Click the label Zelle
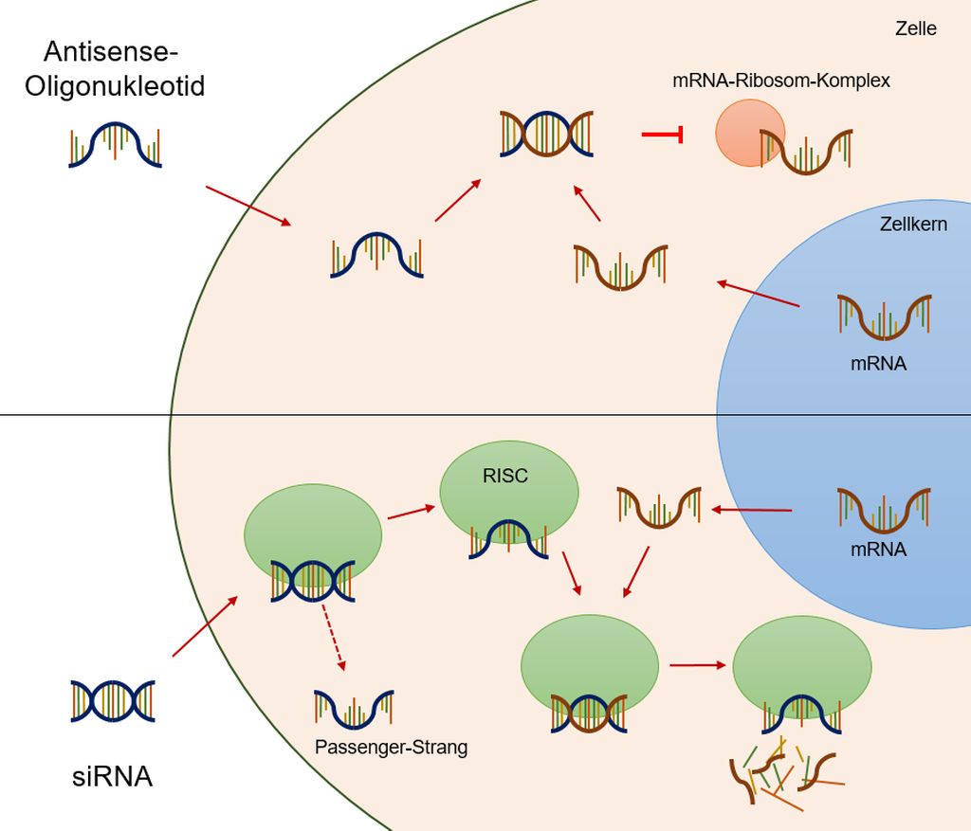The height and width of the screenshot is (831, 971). [x=915, y=28]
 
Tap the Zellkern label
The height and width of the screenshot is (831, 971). [x=914, y=225]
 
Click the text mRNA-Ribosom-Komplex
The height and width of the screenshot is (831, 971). [x=780, y=81]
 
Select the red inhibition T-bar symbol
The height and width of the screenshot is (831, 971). [x=663, y=135]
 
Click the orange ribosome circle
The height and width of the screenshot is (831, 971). [x=749, y=134]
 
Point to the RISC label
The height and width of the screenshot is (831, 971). [x=504, y=477]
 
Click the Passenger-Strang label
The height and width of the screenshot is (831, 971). [x=391, y=747]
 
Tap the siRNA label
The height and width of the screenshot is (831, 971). [x=112, y=778]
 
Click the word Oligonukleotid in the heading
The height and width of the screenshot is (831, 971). [x=115, y=86]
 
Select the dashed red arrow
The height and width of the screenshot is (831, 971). [x=333, y=637]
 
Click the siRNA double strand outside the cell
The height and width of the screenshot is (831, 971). [x=113, y=701]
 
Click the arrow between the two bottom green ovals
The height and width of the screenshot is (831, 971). [x=696, y=664]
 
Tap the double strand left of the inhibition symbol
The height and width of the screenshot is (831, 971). [x=546, y=134]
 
